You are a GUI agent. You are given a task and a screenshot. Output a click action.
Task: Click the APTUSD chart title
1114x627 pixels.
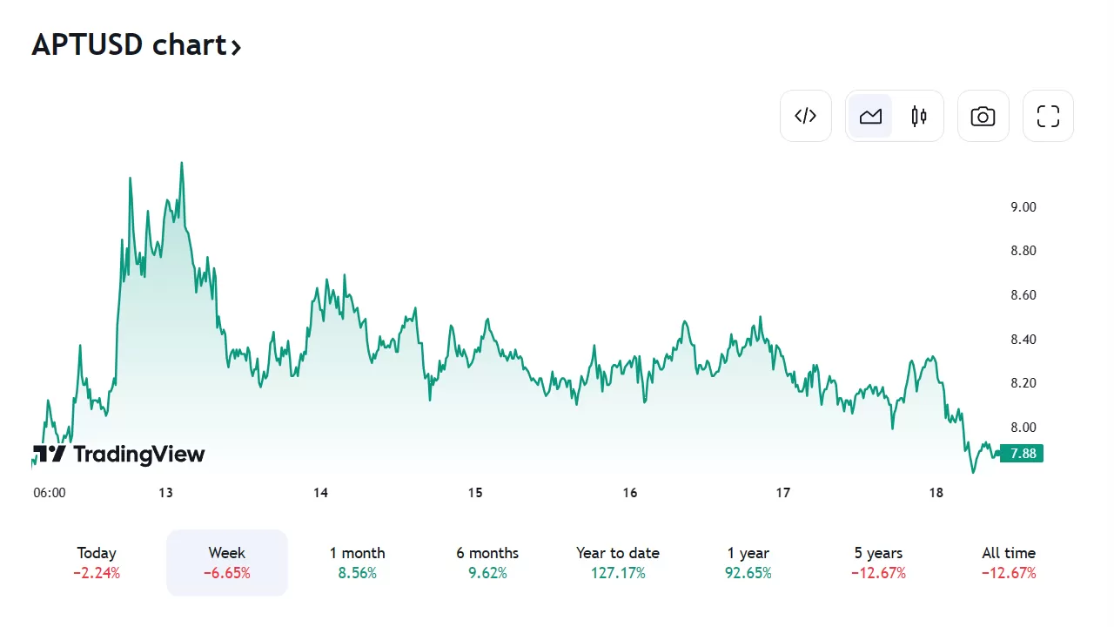(136, 45)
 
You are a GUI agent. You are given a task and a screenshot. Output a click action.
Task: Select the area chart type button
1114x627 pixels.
(870, 116)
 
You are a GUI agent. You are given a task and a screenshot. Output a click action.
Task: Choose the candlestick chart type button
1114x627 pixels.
(919, 116)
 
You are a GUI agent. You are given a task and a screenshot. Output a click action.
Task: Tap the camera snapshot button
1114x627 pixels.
(983, 116)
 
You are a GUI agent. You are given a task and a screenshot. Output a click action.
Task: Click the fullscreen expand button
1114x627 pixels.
(1048, 116)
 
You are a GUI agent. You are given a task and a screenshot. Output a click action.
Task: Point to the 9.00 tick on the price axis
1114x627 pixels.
(1023, 207)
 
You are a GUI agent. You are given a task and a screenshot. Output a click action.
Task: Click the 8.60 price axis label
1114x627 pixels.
(1023, 295)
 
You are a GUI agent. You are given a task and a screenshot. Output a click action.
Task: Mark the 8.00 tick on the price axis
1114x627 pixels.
(1023, 428)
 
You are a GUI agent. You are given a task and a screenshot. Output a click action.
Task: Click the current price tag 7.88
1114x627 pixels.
(1022, 454)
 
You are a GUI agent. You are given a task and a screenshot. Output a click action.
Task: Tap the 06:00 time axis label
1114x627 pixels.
(50, 493)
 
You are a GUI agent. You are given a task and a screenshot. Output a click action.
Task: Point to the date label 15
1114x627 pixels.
(475, 493)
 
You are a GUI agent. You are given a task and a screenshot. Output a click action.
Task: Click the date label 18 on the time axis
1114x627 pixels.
(936, 493)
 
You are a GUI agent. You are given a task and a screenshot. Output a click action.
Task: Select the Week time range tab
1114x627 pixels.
(227, 563)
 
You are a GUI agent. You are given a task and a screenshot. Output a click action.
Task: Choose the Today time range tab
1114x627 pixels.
(97, 563)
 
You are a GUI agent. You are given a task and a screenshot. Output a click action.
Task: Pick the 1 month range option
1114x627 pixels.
(357, 563)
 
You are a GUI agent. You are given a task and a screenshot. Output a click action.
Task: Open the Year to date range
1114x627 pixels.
(618, 563)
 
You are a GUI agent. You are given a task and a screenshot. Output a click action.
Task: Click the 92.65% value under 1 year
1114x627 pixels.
(748, 573)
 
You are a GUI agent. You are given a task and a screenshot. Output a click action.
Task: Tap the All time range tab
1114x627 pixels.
(1009, 563)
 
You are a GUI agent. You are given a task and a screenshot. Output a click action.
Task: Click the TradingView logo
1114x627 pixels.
(119, 454)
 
